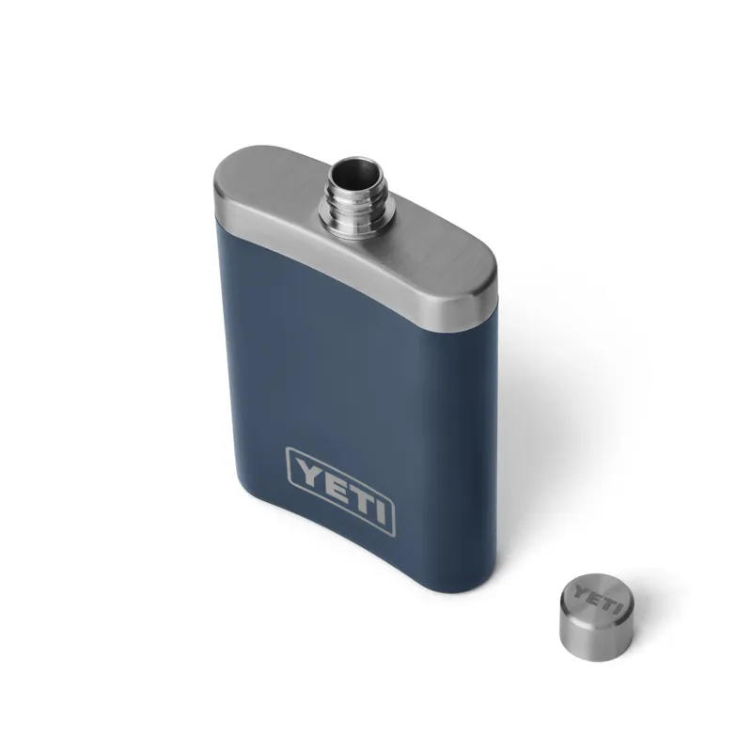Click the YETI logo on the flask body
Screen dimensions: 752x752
click(x=339, y=490)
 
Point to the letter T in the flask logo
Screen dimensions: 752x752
click(x=354, y=497)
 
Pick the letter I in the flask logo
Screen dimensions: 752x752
click(x=376, y=510)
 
